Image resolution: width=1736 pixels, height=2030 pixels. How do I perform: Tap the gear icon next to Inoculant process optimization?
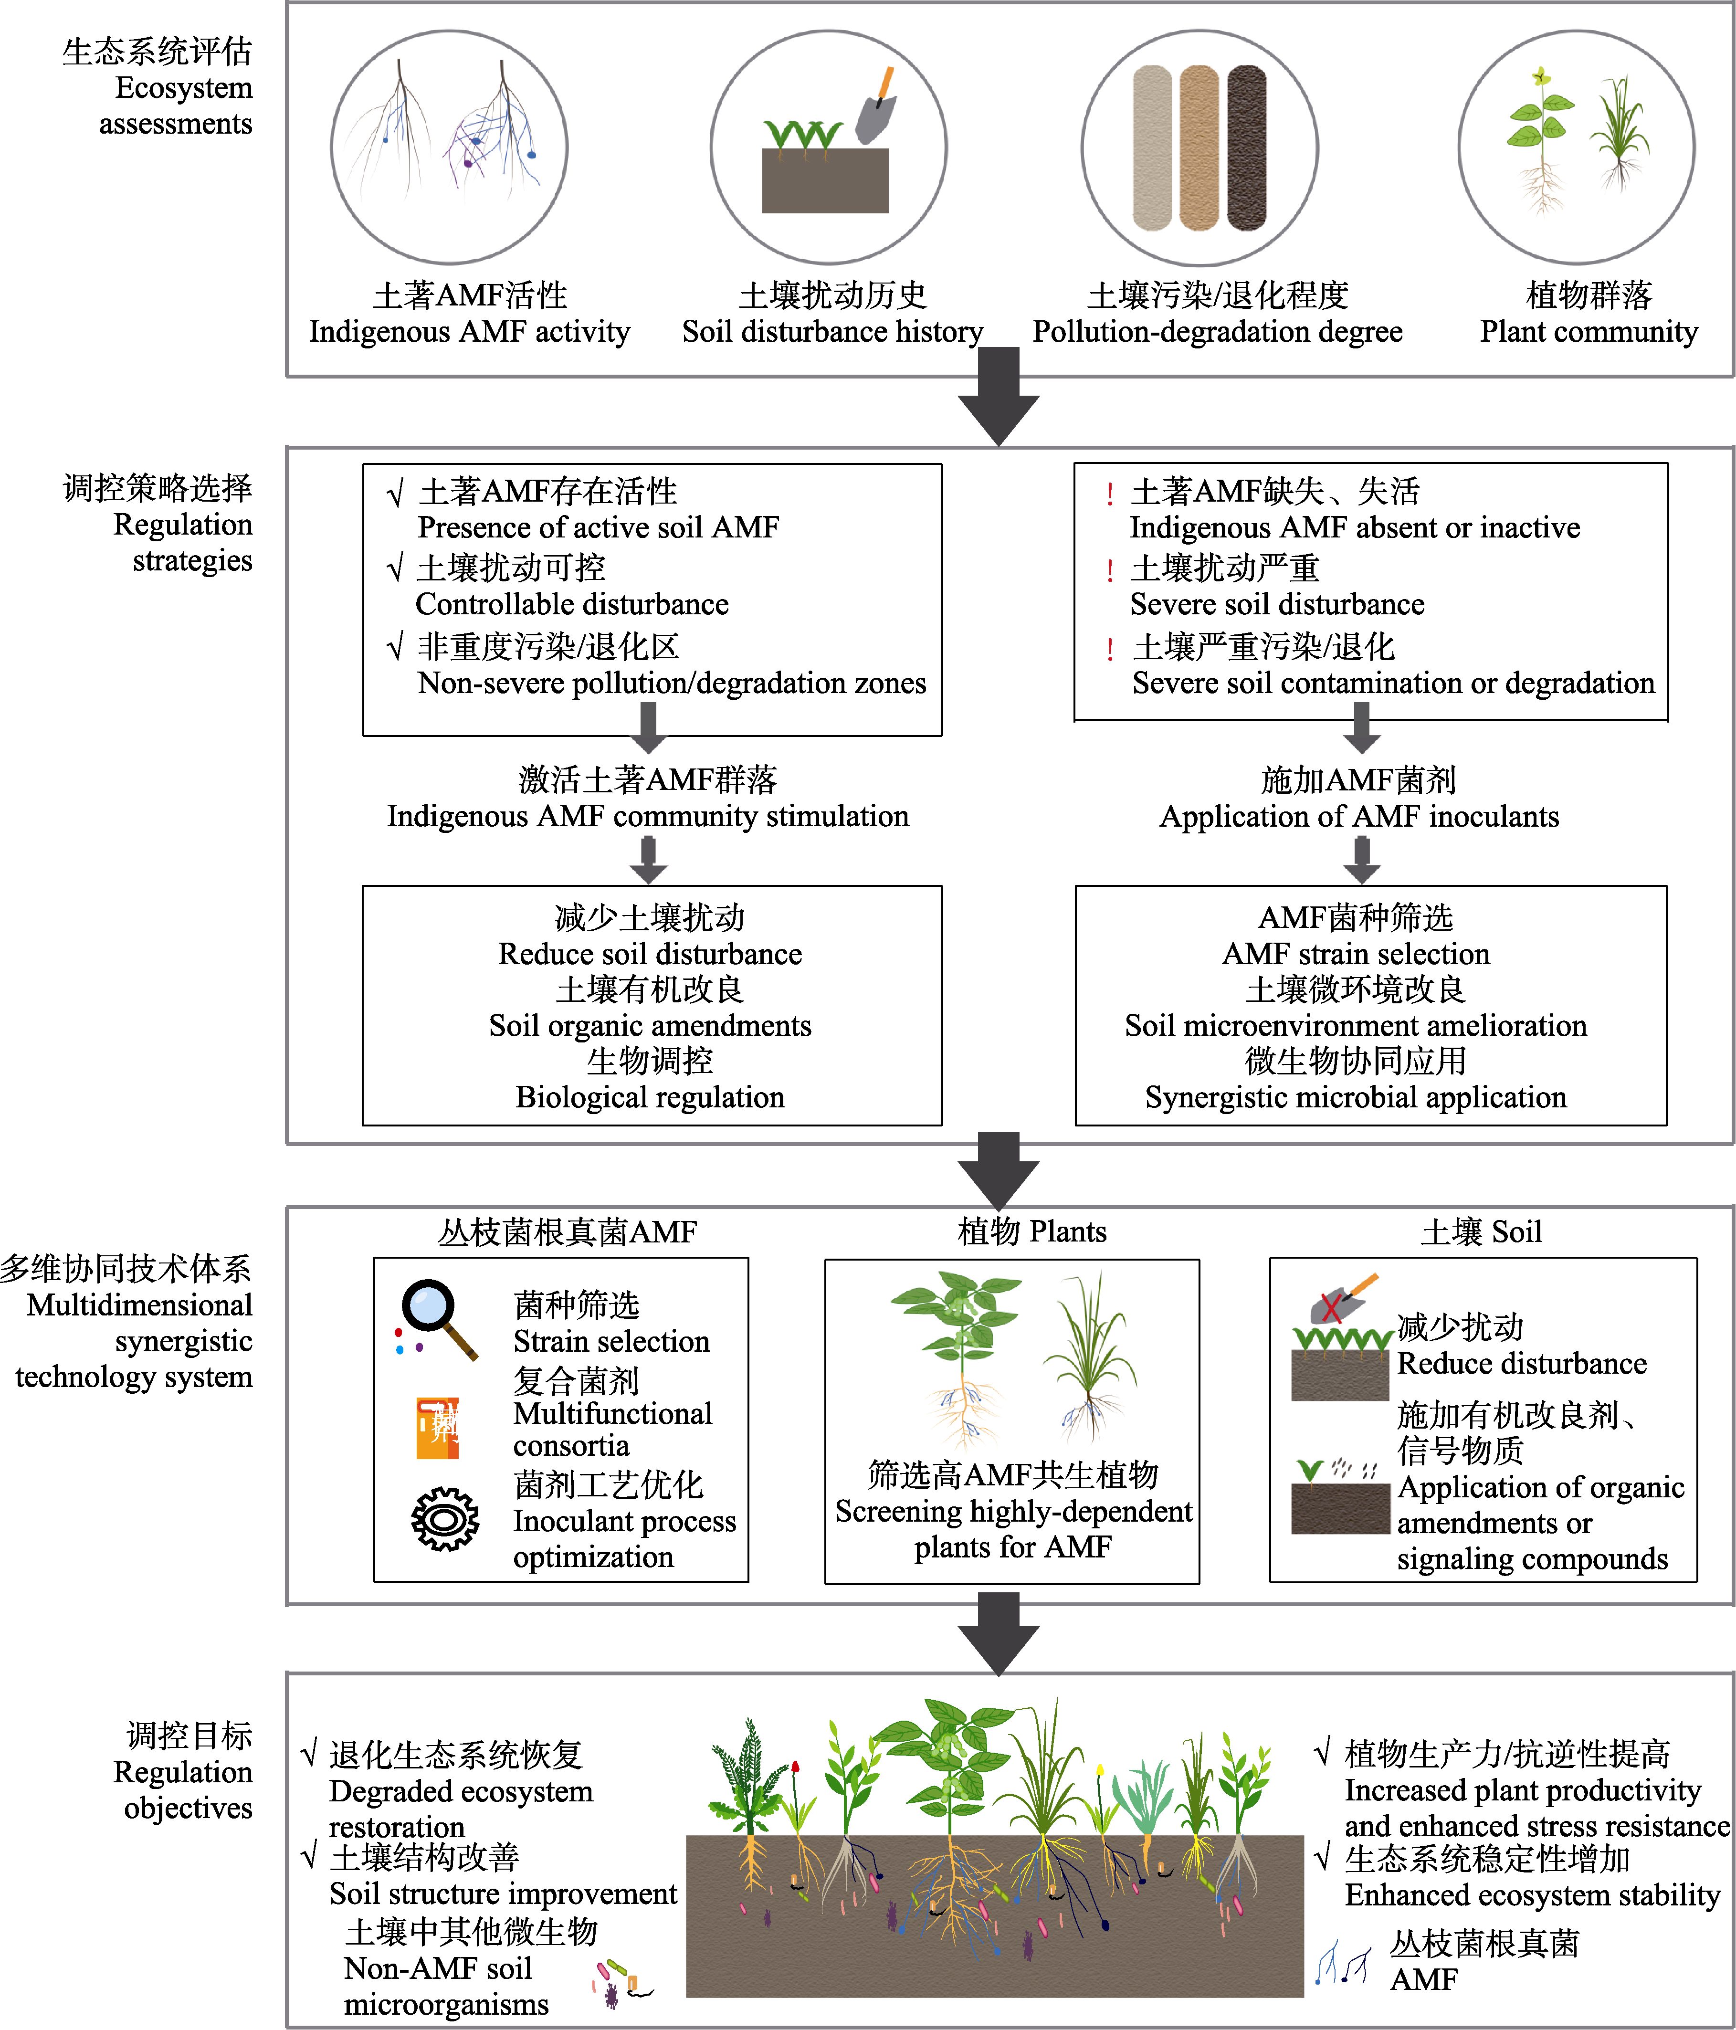(445, 1519)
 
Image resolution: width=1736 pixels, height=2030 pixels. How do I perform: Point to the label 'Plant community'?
(1588, 331)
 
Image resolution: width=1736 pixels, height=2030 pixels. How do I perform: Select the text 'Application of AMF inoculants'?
(1359, 816)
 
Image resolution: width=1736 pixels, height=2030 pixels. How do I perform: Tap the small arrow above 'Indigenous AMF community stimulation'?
(648, 727)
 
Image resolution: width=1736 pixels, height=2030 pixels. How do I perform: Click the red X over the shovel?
(1331, 1307)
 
